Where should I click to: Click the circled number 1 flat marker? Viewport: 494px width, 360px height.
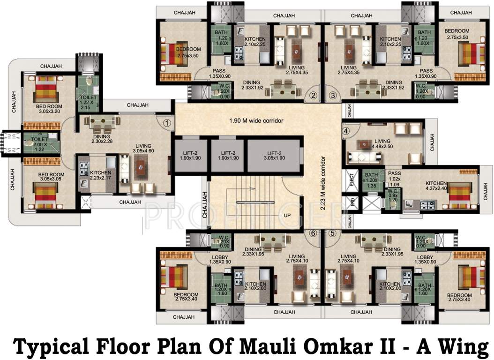coord(167,123)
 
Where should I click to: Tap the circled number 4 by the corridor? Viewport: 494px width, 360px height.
coord(346,131)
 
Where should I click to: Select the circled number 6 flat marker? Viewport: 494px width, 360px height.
coord(313,233)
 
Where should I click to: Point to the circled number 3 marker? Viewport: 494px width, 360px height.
coord(333,96)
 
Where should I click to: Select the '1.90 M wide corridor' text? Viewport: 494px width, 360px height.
coord(256,121)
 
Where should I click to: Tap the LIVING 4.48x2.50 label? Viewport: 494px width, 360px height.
coord(382,143)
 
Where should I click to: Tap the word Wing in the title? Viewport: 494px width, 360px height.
coord(459,347)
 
